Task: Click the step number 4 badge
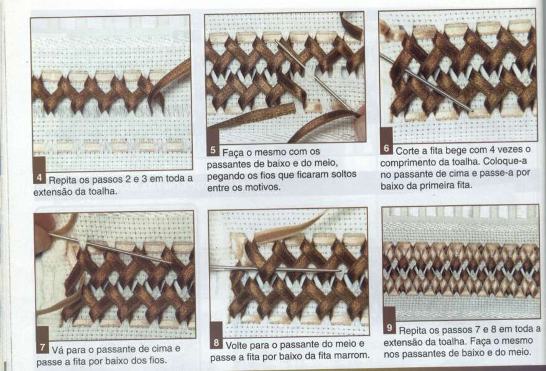tap(39, 178)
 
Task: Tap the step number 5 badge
tap(213, 150)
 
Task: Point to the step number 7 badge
tap(42, 347)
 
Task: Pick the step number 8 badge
tap(216, 343)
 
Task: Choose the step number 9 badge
tap(389, 327)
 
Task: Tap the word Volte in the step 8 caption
tap(237, 346)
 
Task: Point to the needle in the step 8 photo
tap(275, 268)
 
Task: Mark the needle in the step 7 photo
tap(109, 248)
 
